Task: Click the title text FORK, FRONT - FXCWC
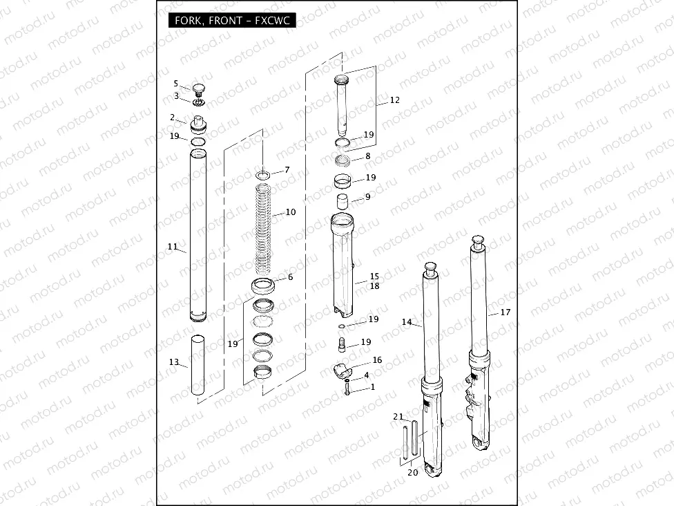point(232,21)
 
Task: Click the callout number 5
point(176,84)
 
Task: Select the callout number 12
point(394,100)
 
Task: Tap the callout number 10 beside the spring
point(291,212)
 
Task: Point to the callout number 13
point(173,362)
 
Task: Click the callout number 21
point(398,417)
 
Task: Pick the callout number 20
point(413,472)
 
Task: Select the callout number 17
point(505,312)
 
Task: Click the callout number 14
point(407,322)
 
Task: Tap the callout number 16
point(377,359)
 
